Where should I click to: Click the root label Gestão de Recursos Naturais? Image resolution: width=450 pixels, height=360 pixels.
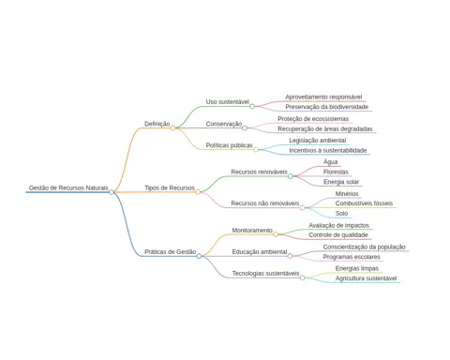tap(68, 187)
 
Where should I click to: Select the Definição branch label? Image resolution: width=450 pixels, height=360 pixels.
tap(157, 124)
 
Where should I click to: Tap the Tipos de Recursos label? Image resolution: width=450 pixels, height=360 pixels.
tap(170, 187)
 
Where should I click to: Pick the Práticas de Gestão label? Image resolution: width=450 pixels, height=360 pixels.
tap(171, 252)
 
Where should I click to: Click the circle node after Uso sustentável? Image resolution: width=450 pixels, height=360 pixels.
tap(252, 106)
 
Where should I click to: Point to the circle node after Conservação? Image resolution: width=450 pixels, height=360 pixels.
tap(245, 127)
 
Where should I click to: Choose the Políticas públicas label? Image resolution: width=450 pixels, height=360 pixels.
tap(230, 145)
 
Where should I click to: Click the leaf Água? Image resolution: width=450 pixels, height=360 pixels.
tap(331, 162)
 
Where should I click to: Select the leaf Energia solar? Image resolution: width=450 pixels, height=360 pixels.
tap(341, 182)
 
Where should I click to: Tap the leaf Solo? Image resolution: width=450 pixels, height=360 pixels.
tap(341, 213)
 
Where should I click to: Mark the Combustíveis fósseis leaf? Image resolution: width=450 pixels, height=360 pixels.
tap(364, 203)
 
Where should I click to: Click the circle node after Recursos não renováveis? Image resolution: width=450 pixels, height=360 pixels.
tap(303, 207)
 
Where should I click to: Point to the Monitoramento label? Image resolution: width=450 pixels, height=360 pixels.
tap(252, 231)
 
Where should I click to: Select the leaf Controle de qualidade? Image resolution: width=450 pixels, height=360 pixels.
tap(338, 235)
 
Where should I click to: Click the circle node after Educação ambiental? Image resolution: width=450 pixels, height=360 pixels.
tap(290, 256)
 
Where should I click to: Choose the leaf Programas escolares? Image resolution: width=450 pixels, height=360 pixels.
tap(352, 257)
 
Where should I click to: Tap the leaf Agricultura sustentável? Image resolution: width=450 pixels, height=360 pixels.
tap(366, 278)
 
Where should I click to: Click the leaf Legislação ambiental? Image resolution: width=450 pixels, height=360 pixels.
tap(318, 141)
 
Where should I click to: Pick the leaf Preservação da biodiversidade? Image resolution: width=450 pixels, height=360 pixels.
tap(327, 107)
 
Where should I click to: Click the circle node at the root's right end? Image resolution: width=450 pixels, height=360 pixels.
tap(112, 192)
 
